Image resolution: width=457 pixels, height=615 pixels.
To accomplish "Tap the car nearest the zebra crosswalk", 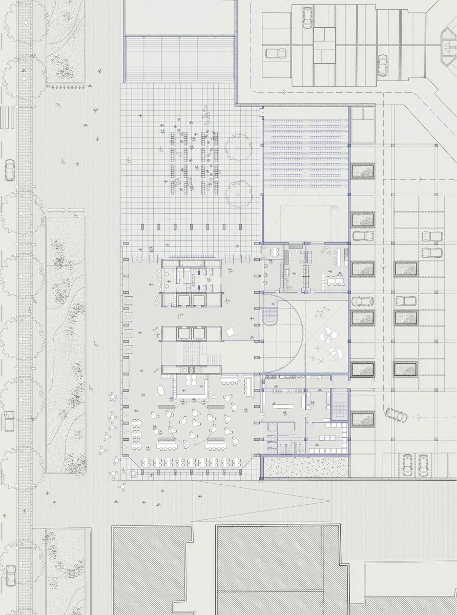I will (9, 170).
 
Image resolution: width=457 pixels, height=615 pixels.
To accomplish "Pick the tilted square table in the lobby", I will (230, 332).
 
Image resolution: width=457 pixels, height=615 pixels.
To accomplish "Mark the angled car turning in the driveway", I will (397, 414).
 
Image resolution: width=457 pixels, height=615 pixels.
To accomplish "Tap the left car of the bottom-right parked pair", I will (407, 465).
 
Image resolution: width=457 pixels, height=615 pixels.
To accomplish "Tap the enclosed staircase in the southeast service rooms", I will (339, 404).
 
